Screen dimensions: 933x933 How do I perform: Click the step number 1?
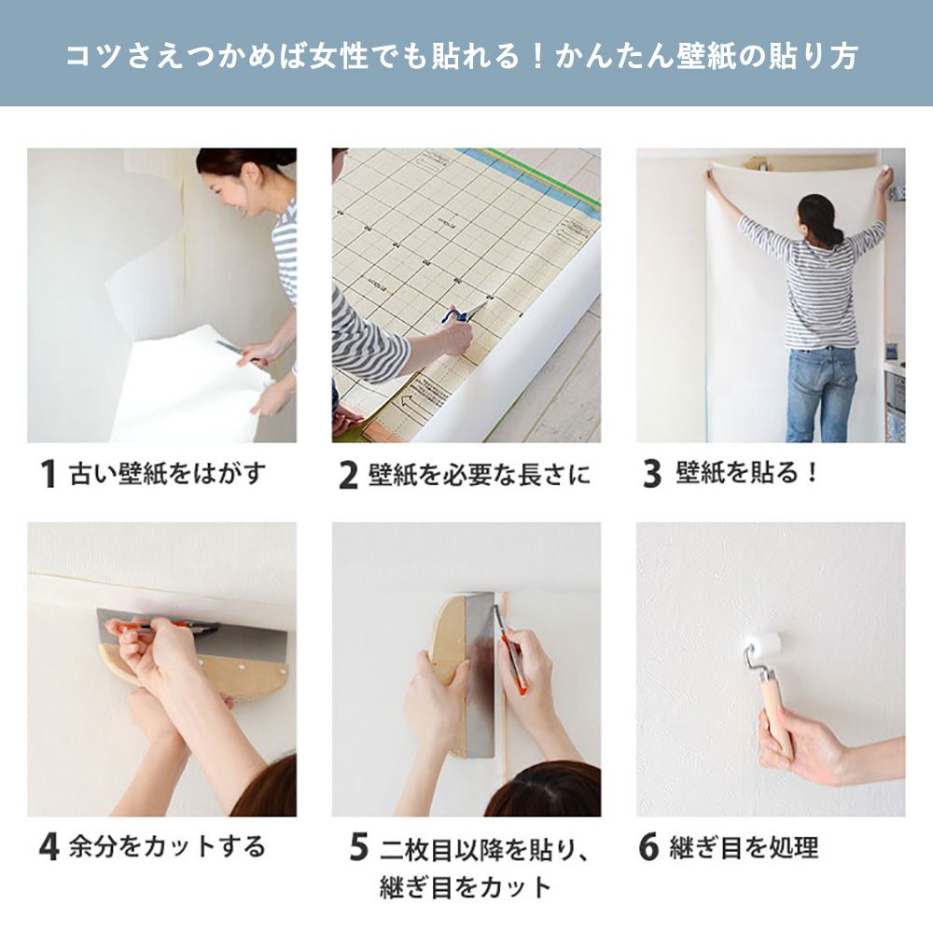click(x=49, y=475)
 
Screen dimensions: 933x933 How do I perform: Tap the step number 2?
click(x=348, y=476)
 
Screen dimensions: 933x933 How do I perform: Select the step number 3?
click(x=653, y=474)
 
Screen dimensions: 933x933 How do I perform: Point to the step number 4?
click(x=49, y=847)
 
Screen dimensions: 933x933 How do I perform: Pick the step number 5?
click(x=359, y=847)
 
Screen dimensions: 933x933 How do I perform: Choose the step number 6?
click(x=649, y=847)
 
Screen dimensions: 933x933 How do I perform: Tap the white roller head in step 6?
click(x=762, y=644)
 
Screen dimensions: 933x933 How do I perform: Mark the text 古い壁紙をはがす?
click(x=167, y=475)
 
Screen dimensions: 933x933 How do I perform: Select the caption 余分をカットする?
click(x=167, y=847)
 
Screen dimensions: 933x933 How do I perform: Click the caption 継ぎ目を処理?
click(x=744, y=847)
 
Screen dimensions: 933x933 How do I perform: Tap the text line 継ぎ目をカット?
click(x=466, y=886)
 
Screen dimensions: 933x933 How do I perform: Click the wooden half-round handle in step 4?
click(x=195, y=669)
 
